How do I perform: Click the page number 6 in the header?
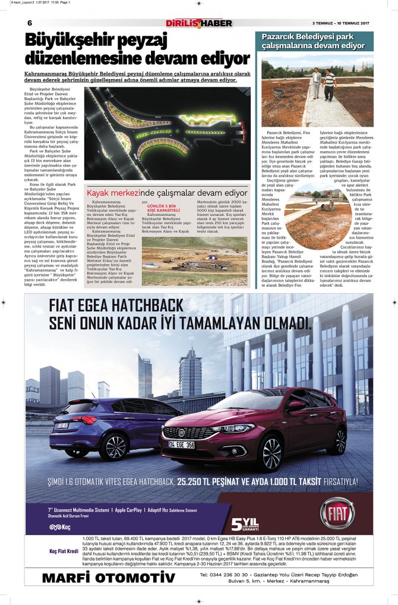(x=30, y=23)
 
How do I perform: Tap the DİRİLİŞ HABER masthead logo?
(x=199, y=23)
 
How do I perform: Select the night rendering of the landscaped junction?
(x=168, y=134)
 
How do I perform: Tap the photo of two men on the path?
(x=317, y=91)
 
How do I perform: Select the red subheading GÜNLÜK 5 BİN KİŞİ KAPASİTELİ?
(x=163, y=209)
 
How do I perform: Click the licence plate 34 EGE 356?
(x=181, y=444)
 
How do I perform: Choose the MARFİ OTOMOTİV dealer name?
(x=109, y=578)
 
